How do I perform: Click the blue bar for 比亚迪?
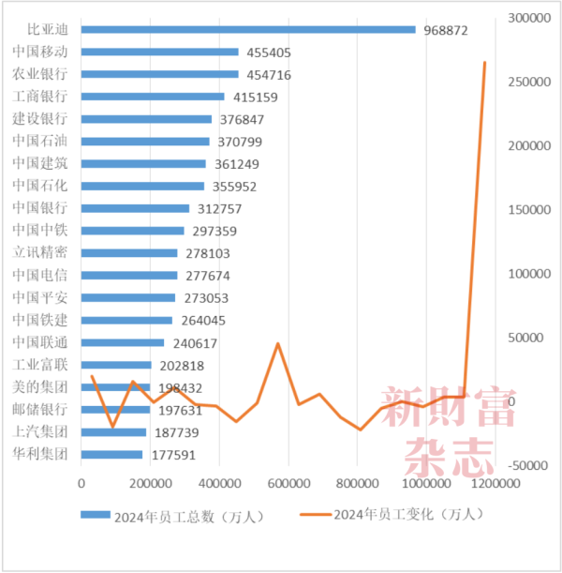pyautogui.click(x=248, y=29)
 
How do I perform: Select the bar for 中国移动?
pyautogui.click(x=159, y=52)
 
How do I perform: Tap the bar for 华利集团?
pyautogui.click(x=111, y=455)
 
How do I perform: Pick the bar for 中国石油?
pyautogui.click(x=145, y=142)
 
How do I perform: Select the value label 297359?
pyautogui.click(x=213, y=232)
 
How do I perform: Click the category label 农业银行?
pyautogui.click(x=40, y=74)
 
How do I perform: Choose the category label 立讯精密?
pyautogui.click(x=40, y=253)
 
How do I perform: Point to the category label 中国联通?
pyautogui.click(x=40, y=342)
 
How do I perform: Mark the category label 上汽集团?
pyautogui.click(x=40, y=432)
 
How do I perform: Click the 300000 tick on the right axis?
pyautogui.click(x=526, y=18)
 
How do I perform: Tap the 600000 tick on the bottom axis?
pyautogui.click(x=288, y=484)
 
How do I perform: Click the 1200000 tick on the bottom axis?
pyautogui.click(x=495, y=484)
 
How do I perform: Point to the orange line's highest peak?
pyautogui.click(x=484, y=63)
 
